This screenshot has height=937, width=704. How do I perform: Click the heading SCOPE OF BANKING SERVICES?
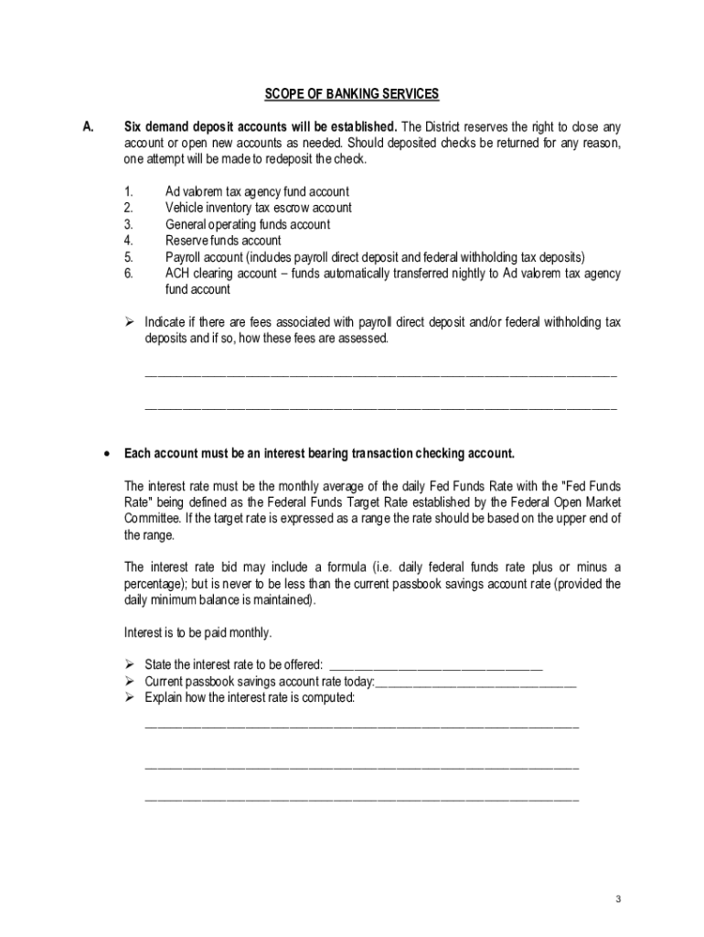352,93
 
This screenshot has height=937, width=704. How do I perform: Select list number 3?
128,224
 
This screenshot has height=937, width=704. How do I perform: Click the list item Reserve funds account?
223,241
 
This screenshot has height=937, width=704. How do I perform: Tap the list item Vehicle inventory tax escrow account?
258,208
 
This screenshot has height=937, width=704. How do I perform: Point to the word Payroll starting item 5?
186,257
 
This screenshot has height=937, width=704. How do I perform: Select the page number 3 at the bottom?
618,899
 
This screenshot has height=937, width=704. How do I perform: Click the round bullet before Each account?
108,454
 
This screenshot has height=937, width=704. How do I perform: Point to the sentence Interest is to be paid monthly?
197,632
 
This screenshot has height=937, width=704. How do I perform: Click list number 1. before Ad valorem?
128,191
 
